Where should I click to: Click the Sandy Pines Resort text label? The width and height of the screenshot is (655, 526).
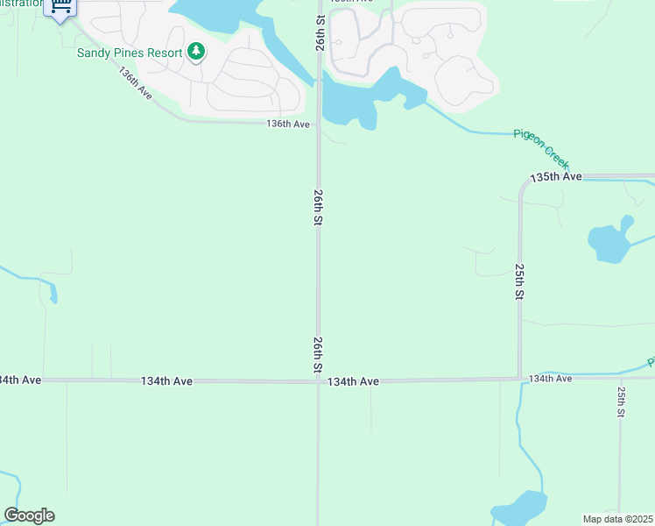click(x=130, y=53)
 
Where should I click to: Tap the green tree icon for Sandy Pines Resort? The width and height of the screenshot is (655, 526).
click(x=196, y=52)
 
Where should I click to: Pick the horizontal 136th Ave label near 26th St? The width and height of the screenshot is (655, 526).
click(x=288, y=124)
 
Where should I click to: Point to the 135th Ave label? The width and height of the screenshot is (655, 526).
click(x=556, y=177)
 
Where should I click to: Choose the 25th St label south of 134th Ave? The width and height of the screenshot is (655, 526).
click(x=621, y=401)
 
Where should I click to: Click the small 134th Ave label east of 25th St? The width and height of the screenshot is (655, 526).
click(x=550, y=378)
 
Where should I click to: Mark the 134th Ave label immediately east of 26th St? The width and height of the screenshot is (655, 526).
click(x=353, y=381)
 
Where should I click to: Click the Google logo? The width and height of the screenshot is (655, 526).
click(x=29, y=515)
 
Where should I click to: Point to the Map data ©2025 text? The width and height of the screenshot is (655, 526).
click(x=617, y=519)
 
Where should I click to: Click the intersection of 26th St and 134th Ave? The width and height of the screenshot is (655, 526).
click(x=318, y=380)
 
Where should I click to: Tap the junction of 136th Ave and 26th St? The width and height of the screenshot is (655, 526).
click(x=318, y=123)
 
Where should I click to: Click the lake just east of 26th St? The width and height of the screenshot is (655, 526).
click(x=359, y=101)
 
